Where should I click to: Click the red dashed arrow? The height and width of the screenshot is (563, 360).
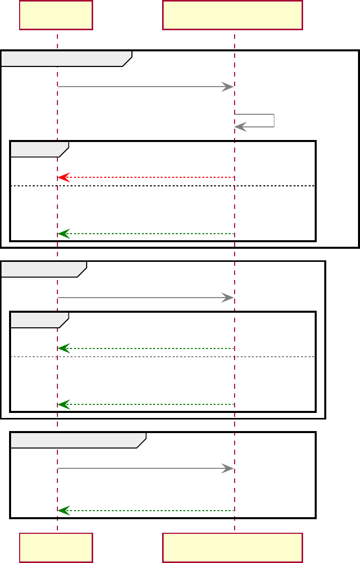click(x=146, y=177)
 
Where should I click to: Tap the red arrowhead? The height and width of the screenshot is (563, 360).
click(x=63, y=177)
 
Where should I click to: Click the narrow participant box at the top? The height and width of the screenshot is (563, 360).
click(x=56, y=15)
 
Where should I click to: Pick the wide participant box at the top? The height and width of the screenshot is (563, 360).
click(x=232, y=15)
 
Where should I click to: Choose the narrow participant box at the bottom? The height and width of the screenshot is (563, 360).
click(x=56, y=547)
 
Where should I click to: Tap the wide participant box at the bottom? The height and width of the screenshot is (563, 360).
click(x=232, y=547)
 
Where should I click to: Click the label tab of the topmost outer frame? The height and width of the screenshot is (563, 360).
click(x=65, y=58)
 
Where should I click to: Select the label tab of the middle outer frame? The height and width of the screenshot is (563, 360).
click(x=43, y=269)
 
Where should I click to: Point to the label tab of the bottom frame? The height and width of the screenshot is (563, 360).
click(x=78, y=440)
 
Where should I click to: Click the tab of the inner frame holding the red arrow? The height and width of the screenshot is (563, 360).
click(x=39, y=149)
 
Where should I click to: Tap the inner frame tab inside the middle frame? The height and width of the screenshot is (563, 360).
click(x=39, y=320)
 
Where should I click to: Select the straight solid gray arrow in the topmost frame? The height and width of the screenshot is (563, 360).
click(x=146, y=87)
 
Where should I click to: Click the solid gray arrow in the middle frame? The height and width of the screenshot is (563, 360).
click(x=146, y=298)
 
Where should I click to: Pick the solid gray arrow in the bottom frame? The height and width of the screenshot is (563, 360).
click(x=146, y=468)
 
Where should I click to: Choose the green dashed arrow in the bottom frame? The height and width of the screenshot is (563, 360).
click(x=146, y=511)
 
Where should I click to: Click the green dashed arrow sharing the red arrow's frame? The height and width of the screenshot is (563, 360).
click(x=146, y=234)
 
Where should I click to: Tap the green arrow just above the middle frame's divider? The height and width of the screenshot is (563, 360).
click(x=146, y=348)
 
